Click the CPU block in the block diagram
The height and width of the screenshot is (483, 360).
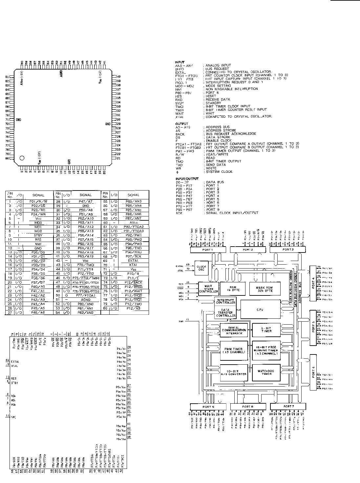[x=260, y=310]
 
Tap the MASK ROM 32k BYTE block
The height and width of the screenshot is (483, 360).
[x=265, y=289]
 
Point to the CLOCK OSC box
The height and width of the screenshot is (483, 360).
[x=201, y=269]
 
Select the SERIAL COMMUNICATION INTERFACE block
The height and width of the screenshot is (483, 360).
[x=234, y=330]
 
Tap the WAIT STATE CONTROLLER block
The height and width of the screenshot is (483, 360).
[x=208, y=289]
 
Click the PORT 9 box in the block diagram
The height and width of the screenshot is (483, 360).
[x=208, y=407]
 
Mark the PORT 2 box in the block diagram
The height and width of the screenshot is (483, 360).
[x=248, y=250]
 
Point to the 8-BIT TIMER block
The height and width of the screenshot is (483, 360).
[x=266, y=330]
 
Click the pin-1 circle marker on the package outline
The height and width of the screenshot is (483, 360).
[x=22, y=158]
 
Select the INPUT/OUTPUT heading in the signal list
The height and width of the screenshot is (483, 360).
[x=187, y=179]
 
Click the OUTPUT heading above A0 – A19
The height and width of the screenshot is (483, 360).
[x=181, y=124]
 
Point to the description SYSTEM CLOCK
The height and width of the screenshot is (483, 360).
[x=219, y=171]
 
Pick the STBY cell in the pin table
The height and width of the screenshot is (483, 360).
[x=38, y=235]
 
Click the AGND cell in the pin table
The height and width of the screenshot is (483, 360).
[x=85, y=299]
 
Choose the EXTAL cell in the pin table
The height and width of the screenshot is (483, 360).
[x=133, y=261]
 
